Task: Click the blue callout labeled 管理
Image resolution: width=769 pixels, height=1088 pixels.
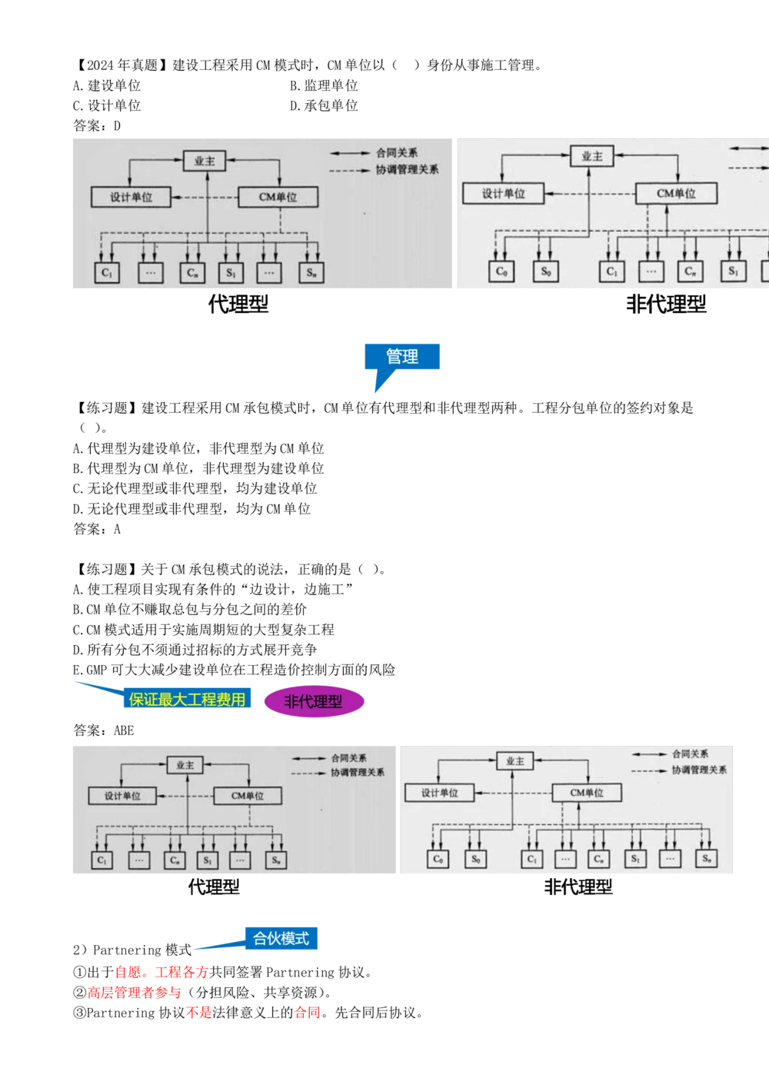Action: [x=402, y=358]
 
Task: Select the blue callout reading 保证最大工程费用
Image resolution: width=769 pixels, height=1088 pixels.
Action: [x=188, y=699]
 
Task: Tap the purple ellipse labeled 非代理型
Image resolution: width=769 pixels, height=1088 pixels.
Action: [x=313, y=701]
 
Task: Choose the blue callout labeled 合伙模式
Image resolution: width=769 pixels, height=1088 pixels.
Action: [x=281, y=938]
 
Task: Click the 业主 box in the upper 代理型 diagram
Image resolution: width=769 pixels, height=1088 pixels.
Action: [x=205, y=161]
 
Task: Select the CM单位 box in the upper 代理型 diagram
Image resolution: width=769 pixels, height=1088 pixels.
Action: [x=278, y=197]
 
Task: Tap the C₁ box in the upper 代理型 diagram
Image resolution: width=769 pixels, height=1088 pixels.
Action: [x=108, y=272]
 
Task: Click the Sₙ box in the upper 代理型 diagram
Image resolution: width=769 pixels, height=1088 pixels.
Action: [x=311, y=272]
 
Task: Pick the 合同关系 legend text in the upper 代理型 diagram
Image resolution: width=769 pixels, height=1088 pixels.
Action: [x=397, y=153]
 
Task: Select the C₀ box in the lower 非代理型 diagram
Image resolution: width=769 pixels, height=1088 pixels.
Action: [x=438, y=859]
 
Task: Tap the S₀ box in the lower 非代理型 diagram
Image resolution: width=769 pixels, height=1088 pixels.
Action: [x=476, y=859]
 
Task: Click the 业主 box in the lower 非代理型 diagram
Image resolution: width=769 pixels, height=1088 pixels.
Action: [x=514, y=761]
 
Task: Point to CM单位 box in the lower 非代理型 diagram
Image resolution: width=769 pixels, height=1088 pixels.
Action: [x=587, y=793]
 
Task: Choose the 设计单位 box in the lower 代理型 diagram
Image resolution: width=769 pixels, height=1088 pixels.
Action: [x=123, y=796]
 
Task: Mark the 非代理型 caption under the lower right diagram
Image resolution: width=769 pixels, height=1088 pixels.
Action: [x=578, y=887]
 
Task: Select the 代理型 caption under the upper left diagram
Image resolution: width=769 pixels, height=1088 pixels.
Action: [x=238, y=304]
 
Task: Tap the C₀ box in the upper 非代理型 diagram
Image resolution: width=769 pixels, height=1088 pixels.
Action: [x=501, y=271]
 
